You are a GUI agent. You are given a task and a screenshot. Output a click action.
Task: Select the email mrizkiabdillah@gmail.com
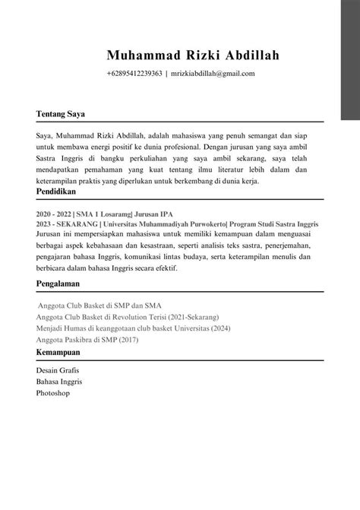[213, 74]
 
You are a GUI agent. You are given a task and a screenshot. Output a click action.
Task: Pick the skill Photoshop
[52, 394]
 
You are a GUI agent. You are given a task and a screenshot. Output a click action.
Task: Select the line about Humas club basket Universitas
[134, 328]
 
